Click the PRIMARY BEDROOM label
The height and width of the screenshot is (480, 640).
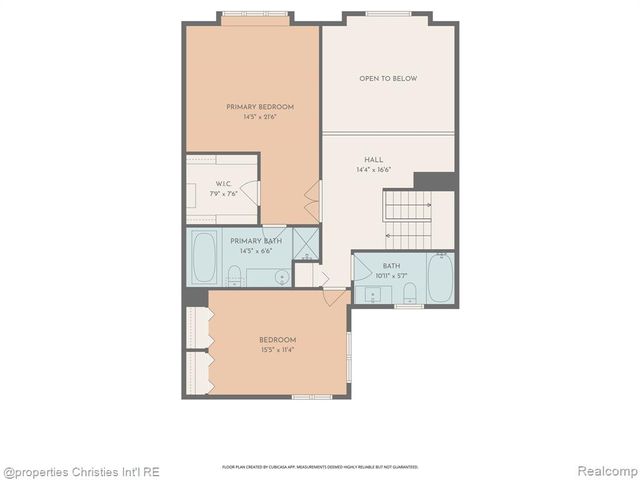click(259, 107)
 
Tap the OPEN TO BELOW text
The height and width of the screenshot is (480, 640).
click(388, 78)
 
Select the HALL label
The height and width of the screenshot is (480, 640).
click(373, 160)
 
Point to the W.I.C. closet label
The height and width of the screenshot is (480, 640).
click(224, 184)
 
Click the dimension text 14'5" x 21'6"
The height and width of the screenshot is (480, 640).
click(259, 117)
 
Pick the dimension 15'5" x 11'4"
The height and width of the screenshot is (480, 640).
click(277, 350)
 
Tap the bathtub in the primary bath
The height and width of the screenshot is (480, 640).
click(204, 258)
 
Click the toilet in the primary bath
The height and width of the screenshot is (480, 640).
click(234, 276)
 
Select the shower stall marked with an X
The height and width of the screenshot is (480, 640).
click(306, 243)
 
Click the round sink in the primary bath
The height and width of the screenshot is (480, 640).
click(282, 277)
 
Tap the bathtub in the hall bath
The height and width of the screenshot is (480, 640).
click(440, 277)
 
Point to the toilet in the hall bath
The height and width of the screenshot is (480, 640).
click(409, 291)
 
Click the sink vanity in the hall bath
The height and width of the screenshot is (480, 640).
click(375, 294)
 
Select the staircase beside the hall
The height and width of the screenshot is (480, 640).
click(407, 219)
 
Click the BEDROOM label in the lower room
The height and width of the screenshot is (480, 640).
click(277, 340)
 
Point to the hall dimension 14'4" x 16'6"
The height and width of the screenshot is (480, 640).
click(373, 170)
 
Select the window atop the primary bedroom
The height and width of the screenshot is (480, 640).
click(255, 15)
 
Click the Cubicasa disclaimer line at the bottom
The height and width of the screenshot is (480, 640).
click(320, 467)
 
